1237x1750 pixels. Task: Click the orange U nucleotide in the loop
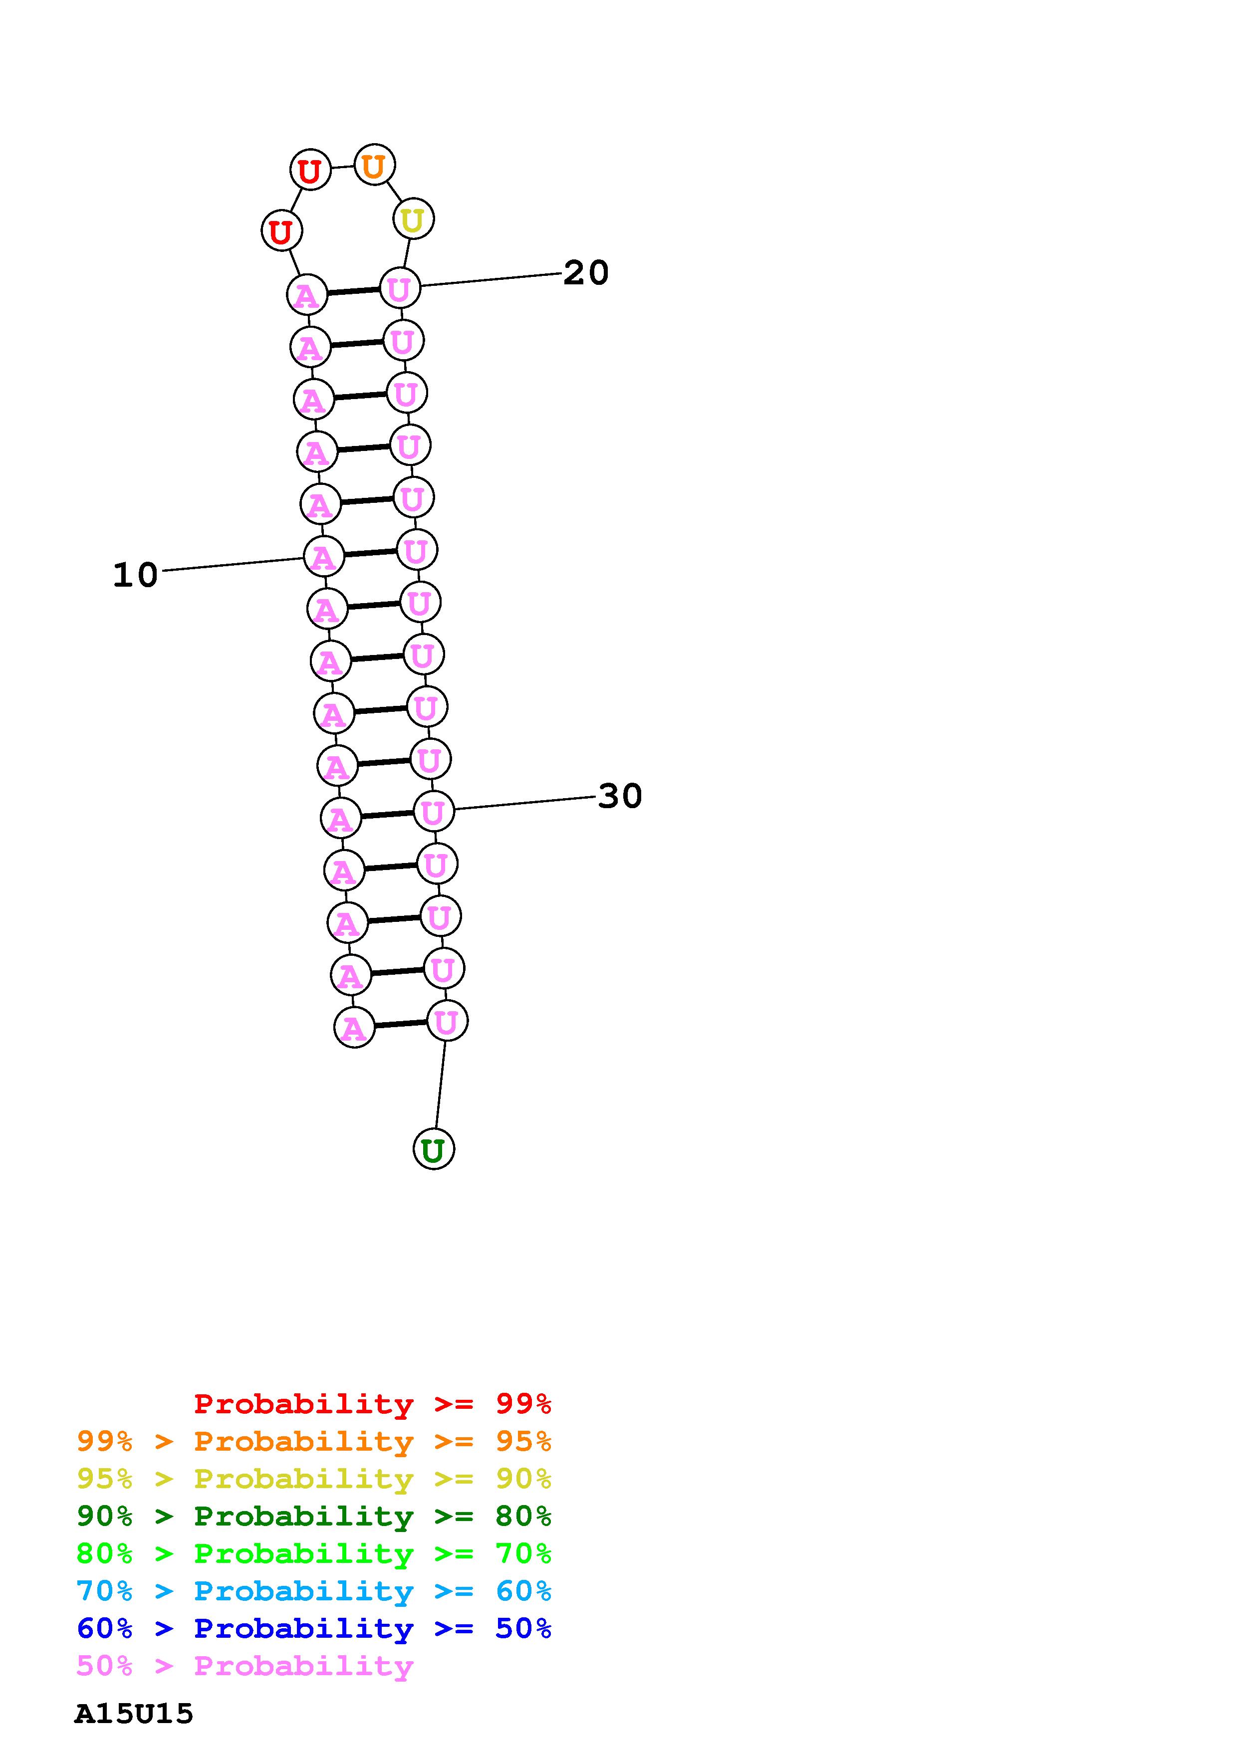pyautogui.click(x=373, y=166)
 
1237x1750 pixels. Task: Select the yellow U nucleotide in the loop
pyautogui.click(x=413, y=219)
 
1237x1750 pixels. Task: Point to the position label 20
pyautogui.click(x=586, y=273)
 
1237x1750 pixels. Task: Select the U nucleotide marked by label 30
pyautogui.click(x=434, y=811)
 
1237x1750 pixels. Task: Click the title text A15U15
pyautogui.click(x=134, y=1714)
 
